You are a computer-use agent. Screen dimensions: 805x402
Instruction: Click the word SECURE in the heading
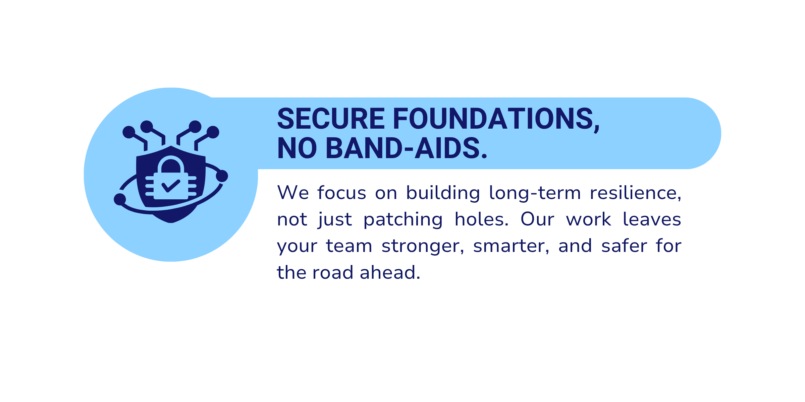tap(331, 119)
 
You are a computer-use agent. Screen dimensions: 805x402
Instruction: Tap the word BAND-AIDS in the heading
tap(406, 148)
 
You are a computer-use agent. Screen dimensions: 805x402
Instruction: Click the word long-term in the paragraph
tap(535, 193)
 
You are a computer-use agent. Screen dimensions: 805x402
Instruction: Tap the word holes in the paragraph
tap(482, 219)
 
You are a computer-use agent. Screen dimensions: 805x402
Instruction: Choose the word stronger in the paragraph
tap(423, 246)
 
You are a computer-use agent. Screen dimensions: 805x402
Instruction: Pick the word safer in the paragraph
tap(624, 246)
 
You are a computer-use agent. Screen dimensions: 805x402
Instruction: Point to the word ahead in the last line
tap(390, 272)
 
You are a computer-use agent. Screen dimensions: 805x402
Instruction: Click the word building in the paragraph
tap(443, 194)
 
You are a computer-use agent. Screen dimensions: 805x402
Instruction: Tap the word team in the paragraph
tap(349, 246)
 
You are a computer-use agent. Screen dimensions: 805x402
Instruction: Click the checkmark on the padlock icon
tap(171, 186)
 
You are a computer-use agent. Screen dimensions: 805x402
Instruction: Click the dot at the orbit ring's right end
tap(222, 176)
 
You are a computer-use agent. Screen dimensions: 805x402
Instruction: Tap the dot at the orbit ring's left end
tap(120, 199)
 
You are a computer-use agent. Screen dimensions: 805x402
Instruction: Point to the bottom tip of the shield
tap(171, 222)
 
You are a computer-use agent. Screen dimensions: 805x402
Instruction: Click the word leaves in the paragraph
tap(652, 219)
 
